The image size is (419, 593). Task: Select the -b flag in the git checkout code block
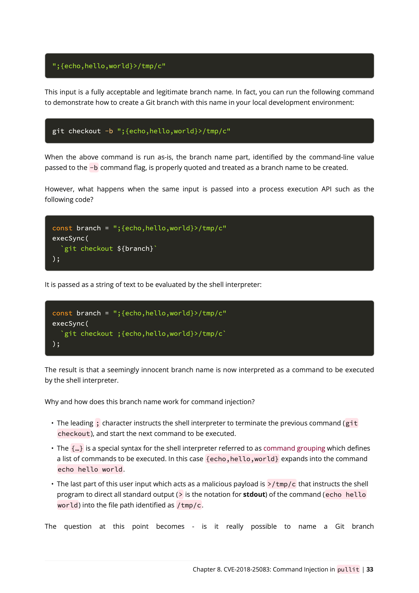[x=109, y=131]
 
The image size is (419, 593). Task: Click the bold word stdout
[x=254, y=494]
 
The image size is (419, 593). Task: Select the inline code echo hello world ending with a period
[x=90, y=469]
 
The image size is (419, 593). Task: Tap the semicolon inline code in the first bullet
[x=97, y=423]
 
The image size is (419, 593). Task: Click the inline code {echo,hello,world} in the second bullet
[x=242, y=459]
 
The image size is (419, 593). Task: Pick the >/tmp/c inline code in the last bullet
[x=281, y=484]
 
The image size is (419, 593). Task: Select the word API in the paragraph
[x=326, y=189]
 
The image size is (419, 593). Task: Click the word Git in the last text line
[x=340, y=526]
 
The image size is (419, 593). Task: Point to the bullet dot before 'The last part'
[x=52, y=484]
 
